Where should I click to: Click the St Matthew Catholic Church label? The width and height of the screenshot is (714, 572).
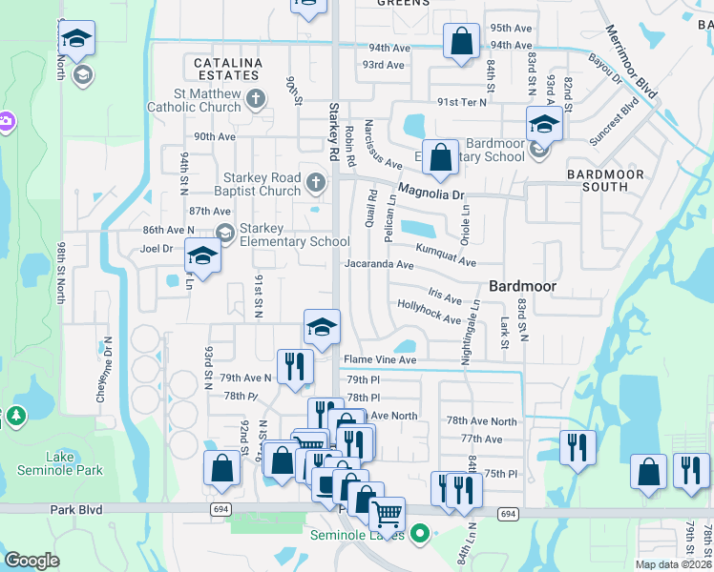tap(194, 100)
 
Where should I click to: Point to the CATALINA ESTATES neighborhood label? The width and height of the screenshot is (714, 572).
tap(228, 70)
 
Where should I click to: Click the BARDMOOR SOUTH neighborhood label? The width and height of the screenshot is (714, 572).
tap(605, 181)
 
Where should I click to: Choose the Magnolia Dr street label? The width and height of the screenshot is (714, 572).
tap(430, 190)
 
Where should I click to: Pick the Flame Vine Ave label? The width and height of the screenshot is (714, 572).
tap(380, 360)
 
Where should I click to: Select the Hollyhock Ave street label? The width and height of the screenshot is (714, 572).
tap(429, 312)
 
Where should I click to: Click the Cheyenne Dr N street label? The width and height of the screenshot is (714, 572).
tap(104, 370)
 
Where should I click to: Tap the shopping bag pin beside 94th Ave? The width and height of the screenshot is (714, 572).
tap(461, 42)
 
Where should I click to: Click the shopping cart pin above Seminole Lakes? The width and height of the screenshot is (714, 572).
tap(387, 515)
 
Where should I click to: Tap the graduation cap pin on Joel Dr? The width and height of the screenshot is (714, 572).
tap(202, 255)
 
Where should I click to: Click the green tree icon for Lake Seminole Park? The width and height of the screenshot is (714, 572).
tap(15, 418)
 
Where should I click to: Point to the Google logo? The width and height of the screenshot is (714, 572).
tap(31, 561)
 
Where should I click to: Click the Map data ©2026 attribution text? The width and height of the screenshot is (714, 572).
tap(673, 564)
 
